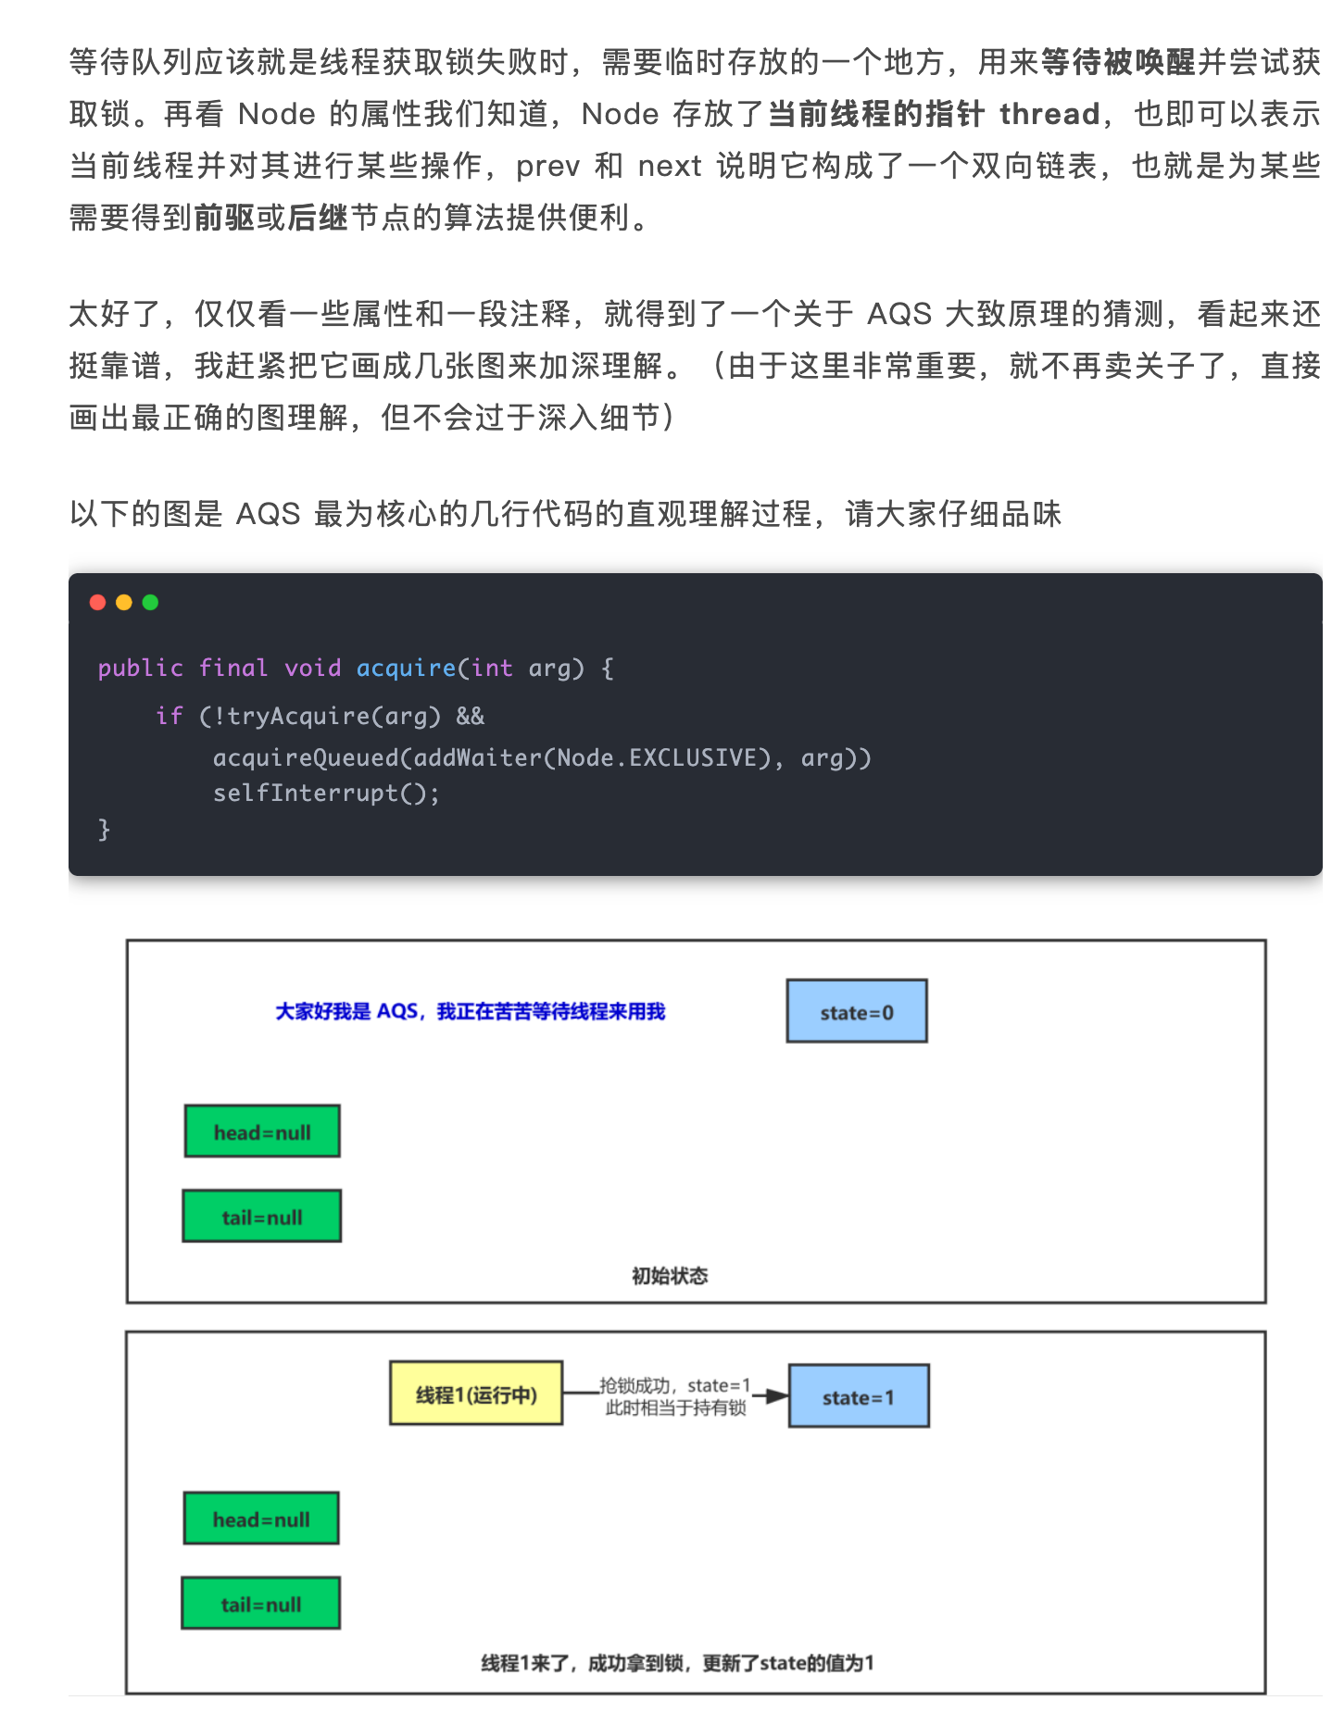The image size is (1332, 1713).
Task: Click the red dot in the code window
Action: (x=97, y=603)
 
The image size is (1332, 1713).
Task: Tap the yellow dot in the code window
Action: (x=124, y=603)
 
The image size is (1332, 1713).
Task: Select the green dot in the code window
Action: (x=151, y=603)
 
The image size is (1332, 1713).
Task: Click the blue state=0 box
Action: (x=857, y=1011)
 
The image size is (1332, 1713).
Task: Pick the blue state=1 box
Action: (x=859, y=1396)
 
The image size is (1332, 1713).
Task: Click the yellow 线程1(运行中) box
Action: (x=476, y=1394)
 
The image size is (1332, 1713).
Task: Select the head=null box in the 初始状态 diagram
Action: (x=262, y=1132)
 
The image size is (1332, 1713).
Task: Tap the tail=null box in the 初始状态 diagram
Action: (x=262, y=1217)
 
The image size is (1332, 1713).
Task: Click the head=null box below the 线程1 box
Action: (x=261, y=1519)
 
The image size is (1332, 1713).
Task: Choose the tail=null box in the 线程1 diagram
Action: (x=261, y=1604)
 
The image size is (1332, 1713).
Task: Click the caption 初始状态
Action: (x=670, y=1276)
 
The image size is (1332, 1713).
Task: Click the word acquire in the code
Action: (x=406, y=668)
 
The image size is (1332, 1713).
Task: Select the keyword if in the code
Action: (x=169, y=716)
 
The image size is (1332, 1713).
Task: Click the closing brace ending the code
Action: (x=104, y=829)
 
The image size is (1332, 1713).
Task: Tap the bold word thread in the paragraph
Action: (x=1049, y=114)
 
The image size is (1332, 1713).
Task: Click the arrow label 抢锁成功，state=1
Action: (x=674, y=1385)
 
